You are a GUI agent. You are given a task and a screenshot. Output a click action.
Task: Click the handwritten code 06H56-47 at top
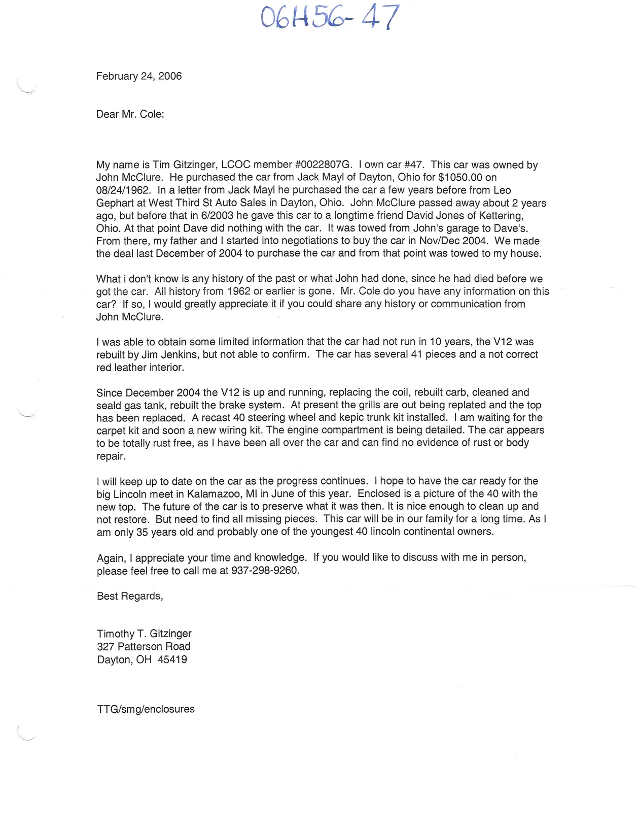pos(330,18)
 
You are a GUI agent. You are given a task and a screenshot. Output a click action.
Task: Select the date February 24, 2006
pos(139,76)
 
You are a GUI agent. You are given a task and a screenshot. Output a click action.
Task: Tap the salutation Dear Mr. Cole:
pos(130,114)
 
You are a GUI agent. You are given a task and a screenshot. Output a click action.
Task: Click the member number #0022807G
pos(323,165)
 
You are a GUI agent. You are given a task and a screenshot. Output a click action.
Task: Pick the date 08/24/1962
pos(123,190)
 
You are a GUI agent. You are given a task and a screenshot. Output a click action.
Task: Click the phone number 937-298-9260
pos(265,570)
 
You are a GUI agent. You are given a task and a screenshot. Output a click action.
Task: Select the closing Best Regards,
pos(130,596)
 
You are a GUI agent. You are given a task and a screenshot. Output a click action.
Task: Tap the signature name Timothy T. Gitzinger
pos(144,634)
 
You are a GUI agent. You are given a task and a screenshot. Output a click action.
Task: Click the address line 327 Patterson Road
pos(144,646)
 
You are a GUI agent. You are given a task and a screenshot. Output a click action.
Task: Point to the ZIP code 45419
pos(172,659)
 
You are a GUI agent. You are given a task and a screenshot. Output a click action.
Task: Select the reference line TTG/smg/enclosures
pos(146,709)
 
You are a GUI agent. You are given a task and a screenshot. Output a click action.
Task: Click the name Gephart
pos(115,203)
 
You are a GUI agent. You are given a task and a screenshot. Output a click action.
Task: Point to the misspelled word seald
pos(109,405)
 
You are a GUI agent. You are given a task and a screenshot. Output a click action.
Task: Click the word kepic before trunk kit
pos(351,418)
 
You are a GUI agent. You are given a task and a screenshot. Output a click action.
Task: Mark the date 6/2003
pos(217,216)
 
